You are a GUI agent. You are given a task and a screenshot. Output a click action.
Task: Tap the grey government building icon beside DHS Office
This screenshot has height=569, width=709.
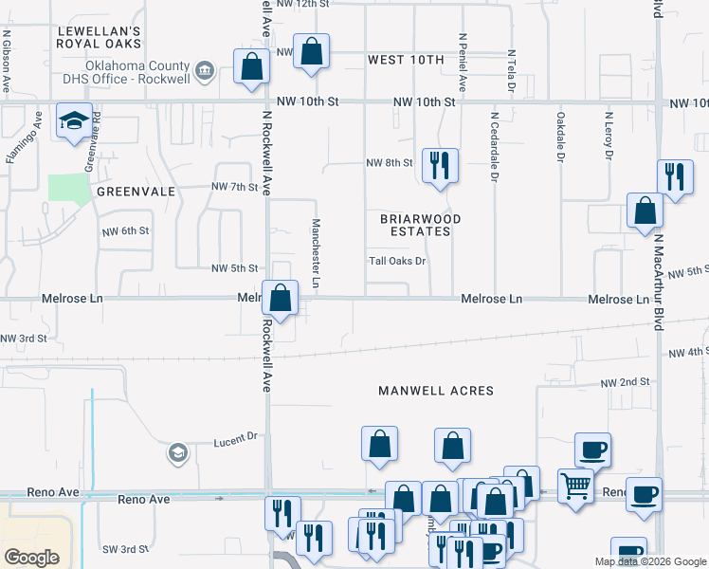204,70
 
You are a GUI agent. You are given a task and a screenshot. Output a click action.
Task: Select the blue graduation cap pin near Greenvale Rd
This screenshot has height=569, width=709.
74,121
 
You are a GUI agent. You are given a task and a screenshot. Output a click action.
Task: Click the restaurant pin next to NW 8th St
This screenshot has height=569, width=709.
440,164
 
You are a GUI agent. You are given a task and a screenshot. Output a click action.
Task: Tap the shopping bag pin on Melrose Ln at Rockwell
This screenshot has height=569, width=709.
281,298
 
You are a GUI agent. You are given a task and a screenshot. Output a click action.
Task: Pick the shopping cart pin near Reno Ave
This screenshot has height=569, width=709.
575,487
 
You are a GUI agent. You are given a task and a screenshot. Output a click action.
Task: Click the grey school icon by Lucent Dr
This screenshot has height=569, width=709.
176,453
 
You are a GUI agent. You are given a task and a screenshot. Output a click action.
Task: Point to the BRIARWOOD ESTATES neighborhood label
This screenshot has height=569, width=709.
420,225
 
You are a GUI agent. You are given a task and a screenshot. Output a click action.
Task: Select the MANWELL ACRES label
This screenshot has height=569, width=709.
436,391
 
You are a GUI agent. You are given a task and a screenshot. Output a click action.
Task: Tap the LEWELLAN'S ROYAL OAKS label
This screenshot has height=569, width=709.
99,37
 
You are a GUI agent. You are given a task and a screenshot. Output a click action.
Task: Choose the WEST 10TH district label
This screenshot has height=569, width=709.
406,61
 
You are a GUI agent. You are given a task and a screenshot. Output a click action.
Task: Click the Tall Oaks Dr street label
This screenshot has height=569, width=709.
397,262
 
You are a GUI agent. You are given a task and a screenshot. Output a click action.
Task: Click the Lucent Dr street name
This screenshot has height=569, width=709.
235,437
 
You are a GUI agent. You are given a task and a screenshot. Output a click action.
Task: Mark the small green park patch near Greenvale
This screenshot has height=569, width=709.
68,189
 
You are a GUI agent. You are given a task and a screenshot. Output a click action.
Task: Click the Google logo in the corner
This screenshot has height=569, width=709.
31,557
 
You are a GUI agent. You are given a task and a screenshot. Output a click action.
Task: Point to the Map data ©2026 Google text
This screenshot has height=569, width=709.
649,561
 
